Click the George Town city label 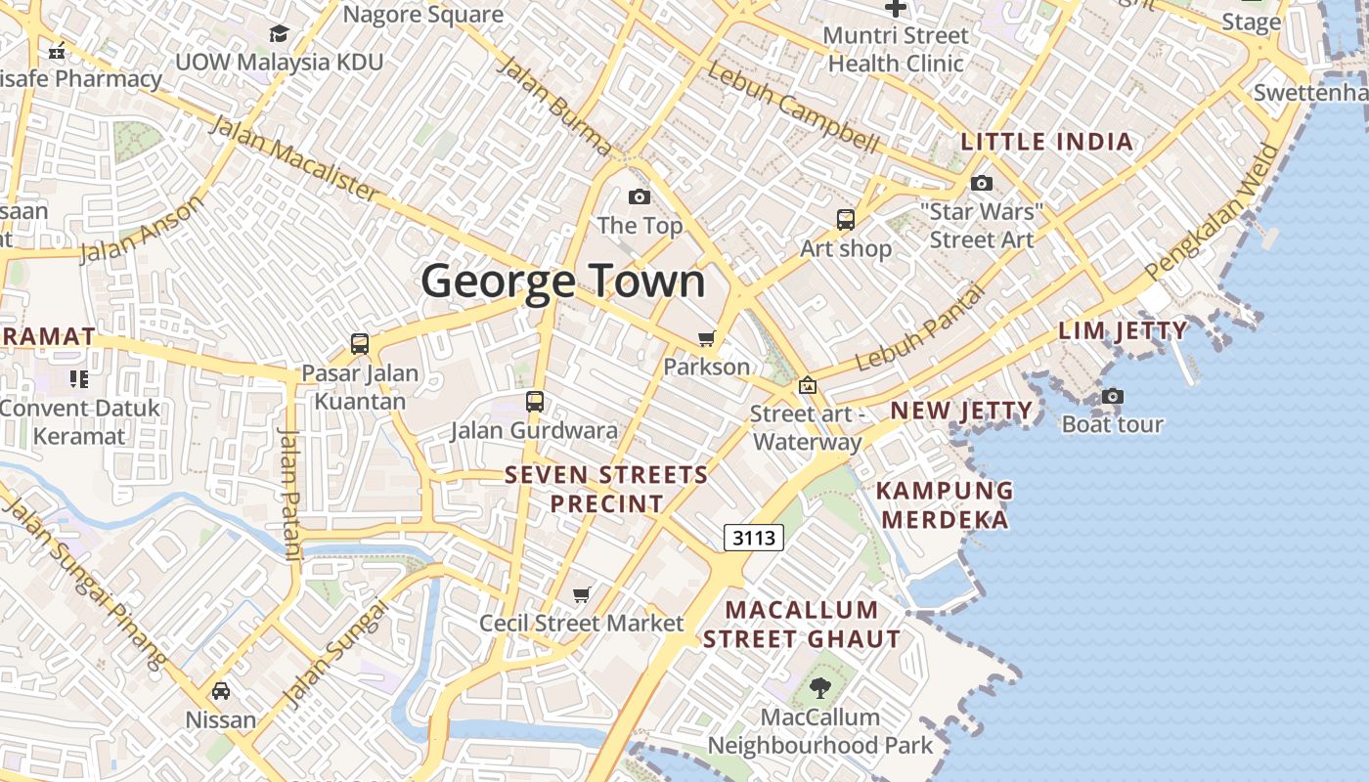[x=563, y=282]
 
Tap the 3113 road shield [x=754, y=537]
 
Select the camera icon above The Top [x=640, y=197]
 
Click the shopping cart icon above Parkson [x=707, y=339]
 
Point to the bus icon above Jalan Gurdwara [x=534, y=401]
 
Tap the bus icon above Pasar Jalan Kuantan [x=360, y=344]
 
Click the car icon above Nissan [x=221, y=690]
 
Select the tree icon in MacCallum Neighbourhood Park [x=820, y=687]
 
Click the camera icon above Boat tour [x=1112, y=396]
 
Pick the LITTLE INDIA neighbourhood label [x=1046, y=142]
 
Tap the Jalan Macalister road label [x=292, y=157]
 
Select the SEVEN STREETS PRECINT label [x=606, y=489]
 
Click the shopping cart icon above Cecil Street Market [x=582, y=594]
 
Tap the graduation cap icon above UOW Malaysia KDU [x=279, y=34]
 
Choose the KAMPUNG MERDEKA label [x=945, y=504]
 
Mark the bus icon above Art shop [x=846, y=220]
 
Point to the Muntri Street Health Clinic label [x=896, y=49]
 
